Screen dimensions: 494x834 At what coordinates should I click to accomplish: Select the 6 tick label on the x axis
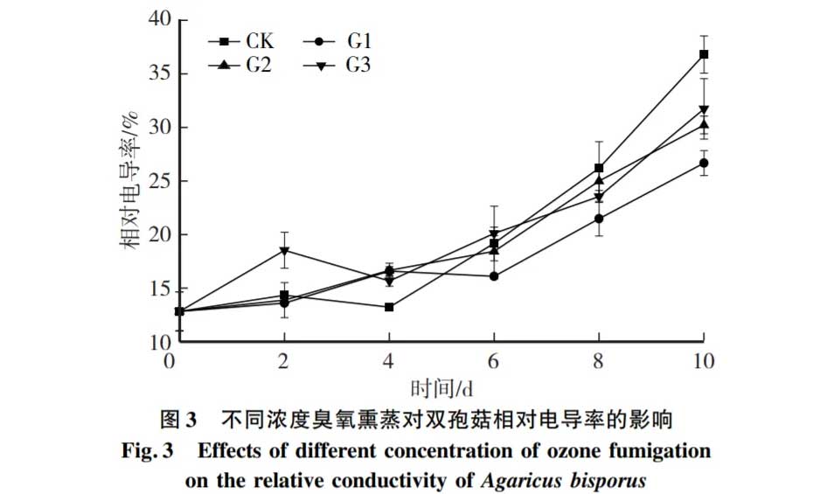[494, 361]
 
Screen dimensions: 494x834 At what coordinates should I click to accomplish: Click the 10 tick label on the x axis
[703, 361]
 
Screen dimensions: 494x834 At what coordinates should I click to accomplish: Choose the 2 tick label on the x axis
[284, 361]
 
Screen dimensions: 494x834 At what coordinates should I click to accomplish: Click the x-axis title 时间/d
[442, 386]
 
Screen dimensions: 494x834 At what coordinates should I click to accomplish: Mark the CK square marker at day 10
[704, 54]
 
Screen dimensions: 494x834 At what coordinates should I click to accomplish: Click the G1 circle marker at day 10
[704, 163]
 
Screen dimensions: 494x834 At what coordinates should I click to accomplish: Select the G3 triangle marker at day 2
[284, 251]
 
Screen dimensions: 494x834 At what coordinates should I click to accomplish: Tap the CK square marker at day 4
[389, 307]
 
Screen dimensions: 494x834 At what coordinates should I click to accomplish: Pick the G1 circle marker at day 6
[494, 276]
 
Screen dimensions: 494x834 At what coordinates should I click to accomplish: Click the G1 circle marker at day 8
[599, 219]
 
